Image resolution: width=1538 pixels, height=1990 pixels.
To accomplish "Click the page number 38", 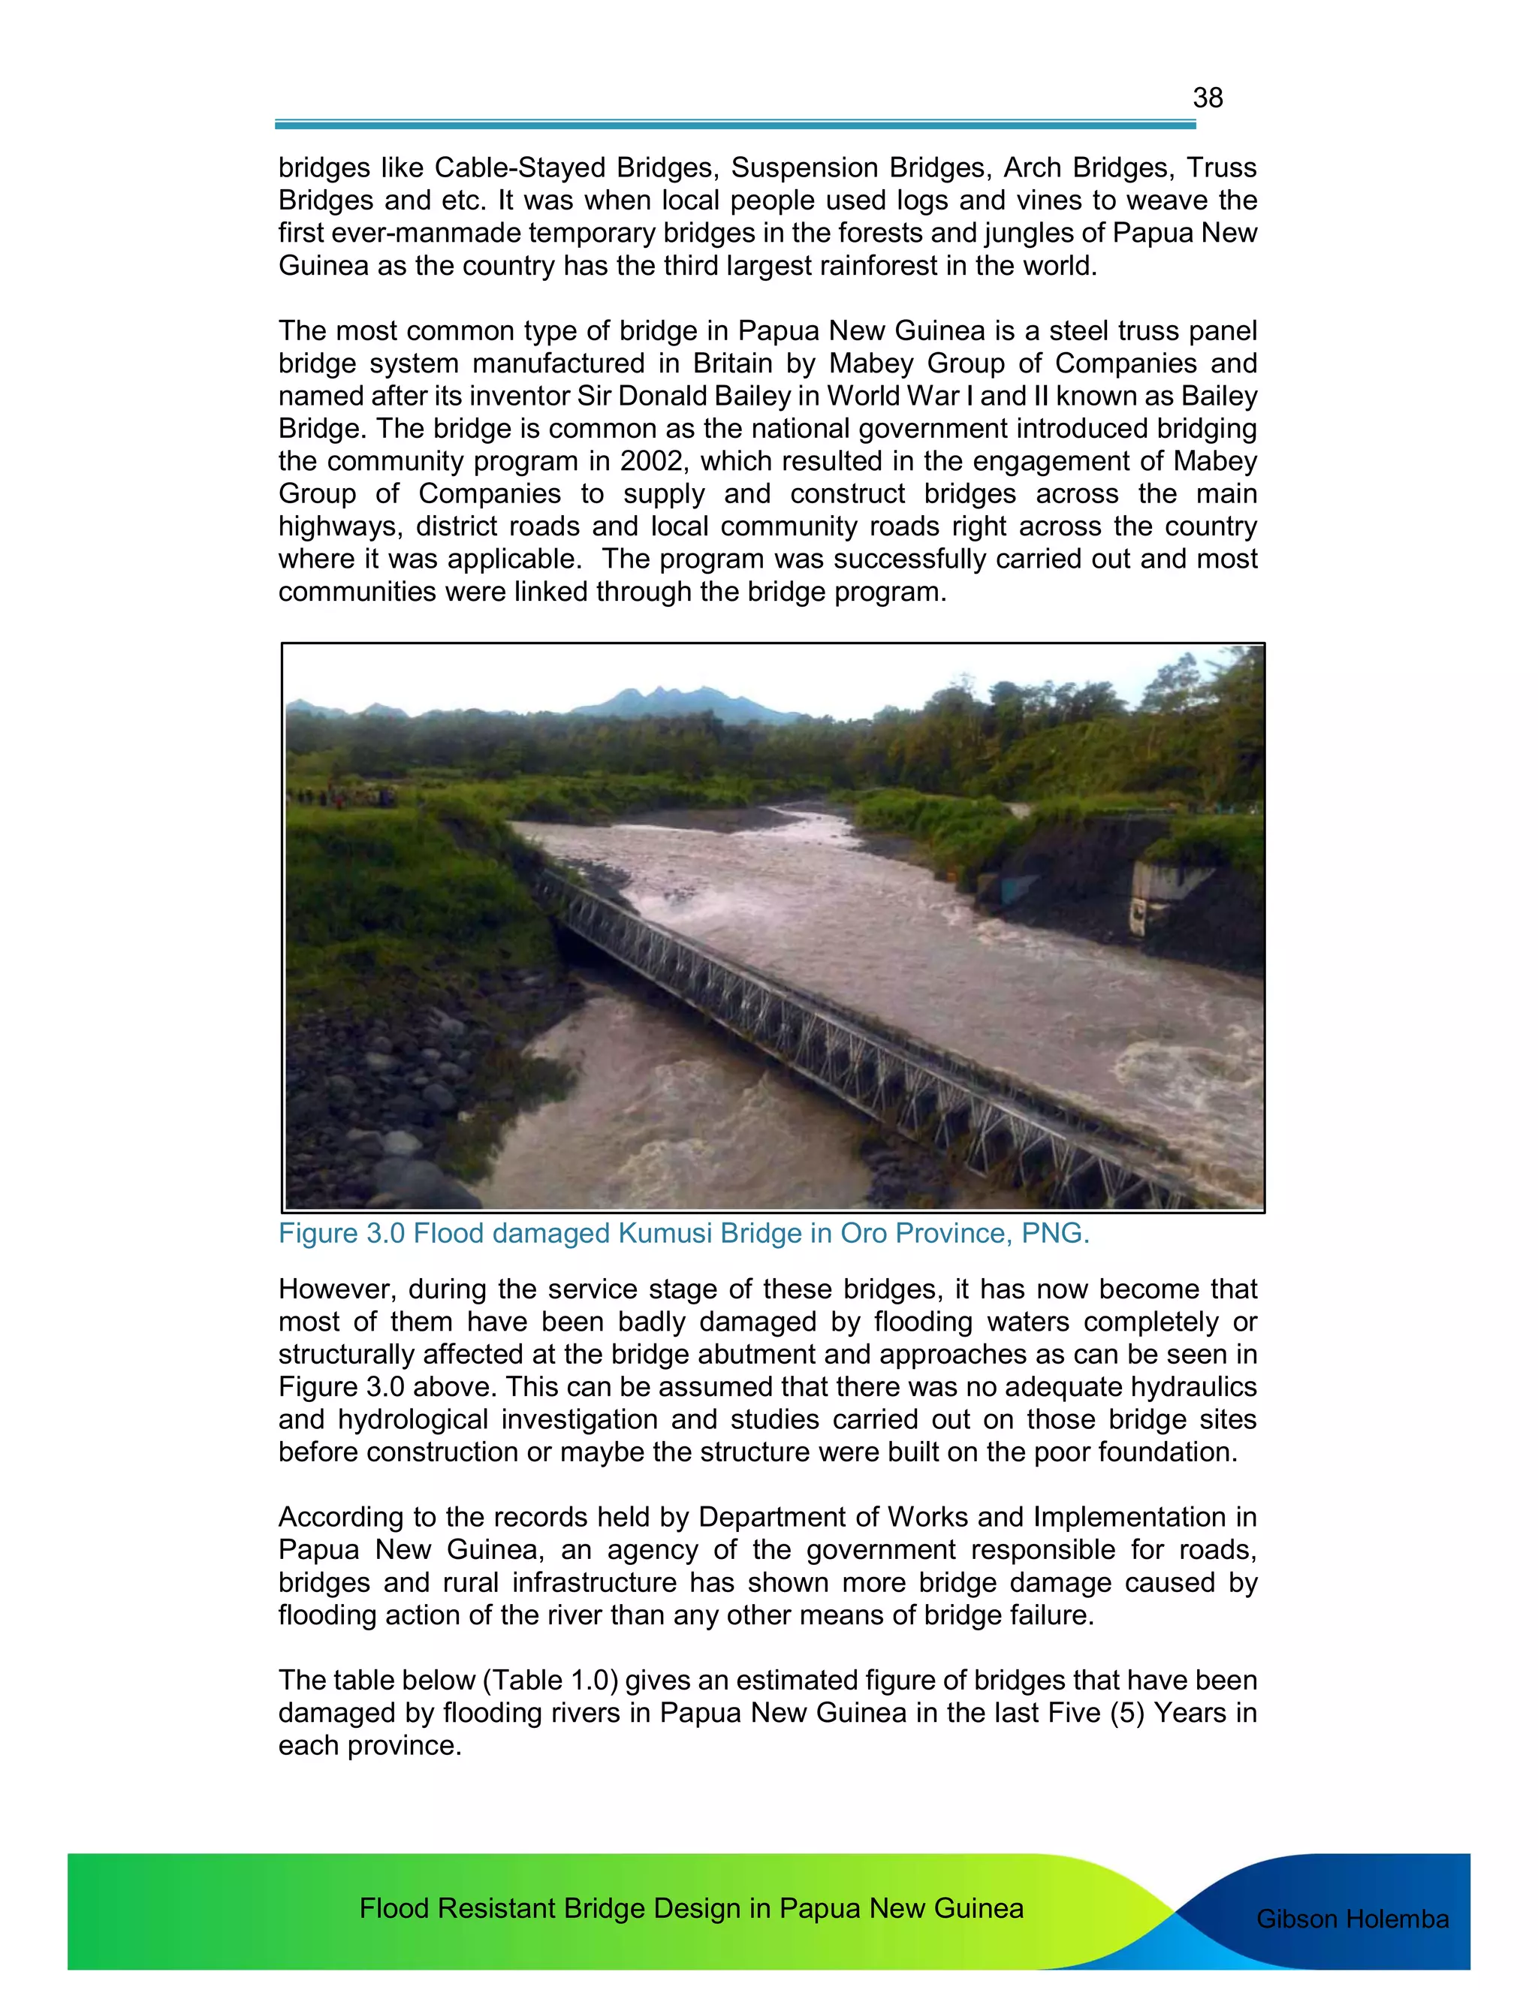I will coord(1208,98).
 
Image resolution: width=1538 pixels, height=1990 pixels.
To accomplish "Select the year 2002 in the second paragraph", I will coord(647,461).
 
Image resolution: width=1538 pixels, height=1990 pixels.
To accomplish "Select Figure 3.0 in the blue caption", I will coord(342,1234).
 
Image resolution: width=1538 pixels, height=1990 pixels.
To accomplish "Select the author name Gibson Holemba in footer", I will coord(1352,1919).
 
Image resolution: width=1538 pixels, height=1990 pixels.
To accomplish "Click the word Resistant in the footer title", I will coord(495,1908).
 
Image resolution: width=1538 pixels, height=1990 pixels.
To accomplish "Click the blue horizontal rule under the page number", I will coord(734,125).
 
